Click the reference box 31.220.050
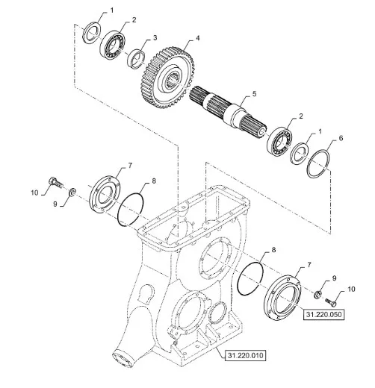click(x=323, y=314)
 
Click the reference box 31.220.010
click(x=245, y=355)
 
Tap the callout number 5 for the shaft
click(x=254, y=94)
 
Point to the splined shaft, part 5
click(x=228, y=110)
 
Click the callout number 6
click(x=341, y=138)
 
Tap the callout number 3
click(x=155, y=38)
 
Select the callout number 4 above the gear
click(x=197, y=38)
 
